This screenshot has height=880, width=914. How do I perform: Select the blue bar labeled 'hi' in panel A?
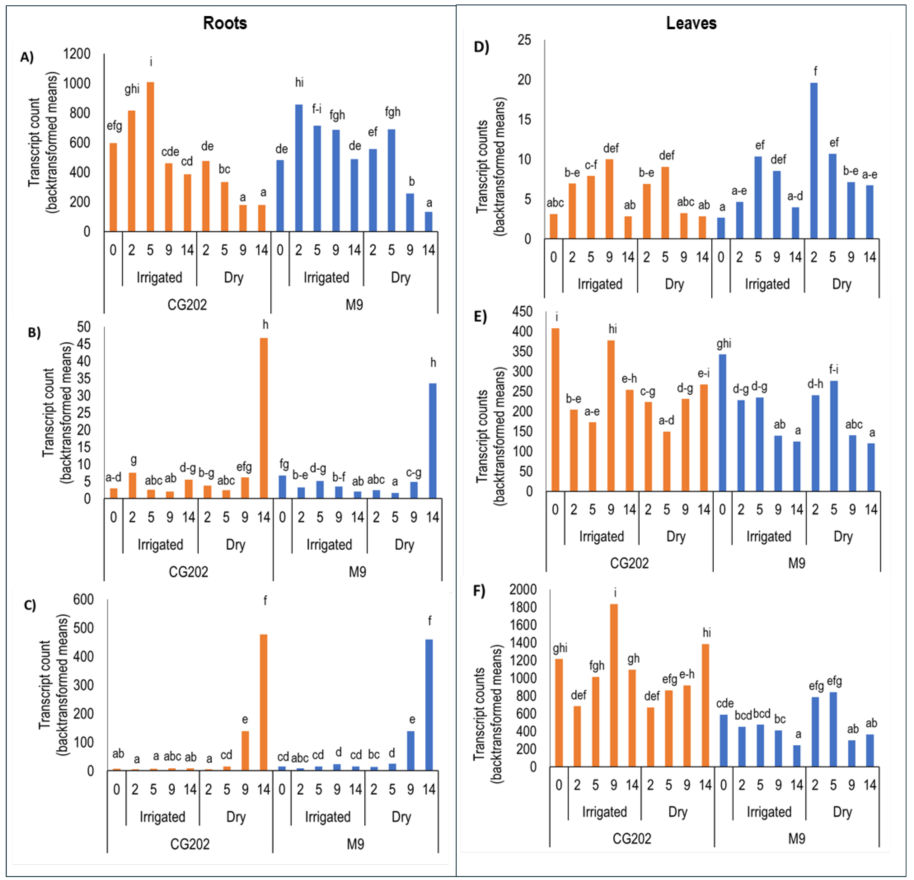tap(299, 168)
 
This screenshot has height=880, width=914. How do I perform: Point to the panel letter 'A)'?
tap(27, 57)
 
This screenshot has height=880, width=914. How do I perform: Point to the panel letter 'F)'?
tap(479, 591)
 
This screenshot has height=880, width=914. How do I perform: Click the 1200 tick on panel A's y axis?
tap(77, 54)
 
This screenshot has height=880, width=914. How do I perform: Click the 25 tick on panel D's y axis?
tap(524, 40)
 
